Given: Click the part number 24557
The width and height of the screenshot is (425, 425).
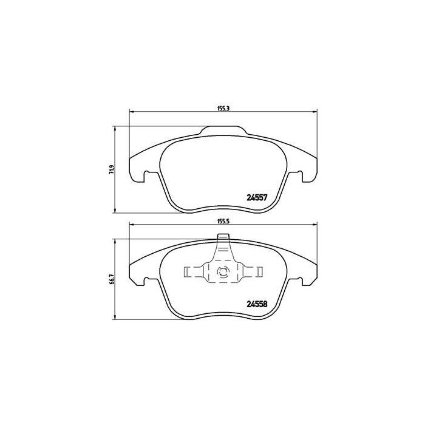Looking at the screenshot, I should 257,197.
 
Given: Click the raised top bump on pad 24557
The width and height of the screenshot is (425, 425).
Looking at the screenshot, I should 223,130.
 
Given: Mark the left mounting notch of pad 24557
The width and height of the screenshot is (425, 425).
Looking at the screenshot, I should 146,177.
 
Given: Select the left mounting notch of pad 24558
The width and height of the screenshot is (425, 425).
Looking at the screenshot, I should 146,280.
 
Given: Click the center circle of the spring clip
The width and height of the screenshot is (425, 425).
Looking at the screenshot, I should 223,273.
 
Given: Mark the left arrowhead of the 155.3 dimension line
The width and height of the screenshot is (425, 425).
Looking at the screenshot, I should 132,112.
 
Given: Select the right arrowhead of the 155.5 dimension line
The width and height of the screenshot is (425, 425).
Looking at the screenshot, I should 314,225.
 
